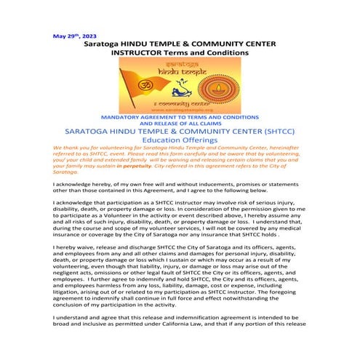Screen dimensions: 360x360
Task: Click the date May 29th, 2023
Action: click(x=75, y=35)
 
